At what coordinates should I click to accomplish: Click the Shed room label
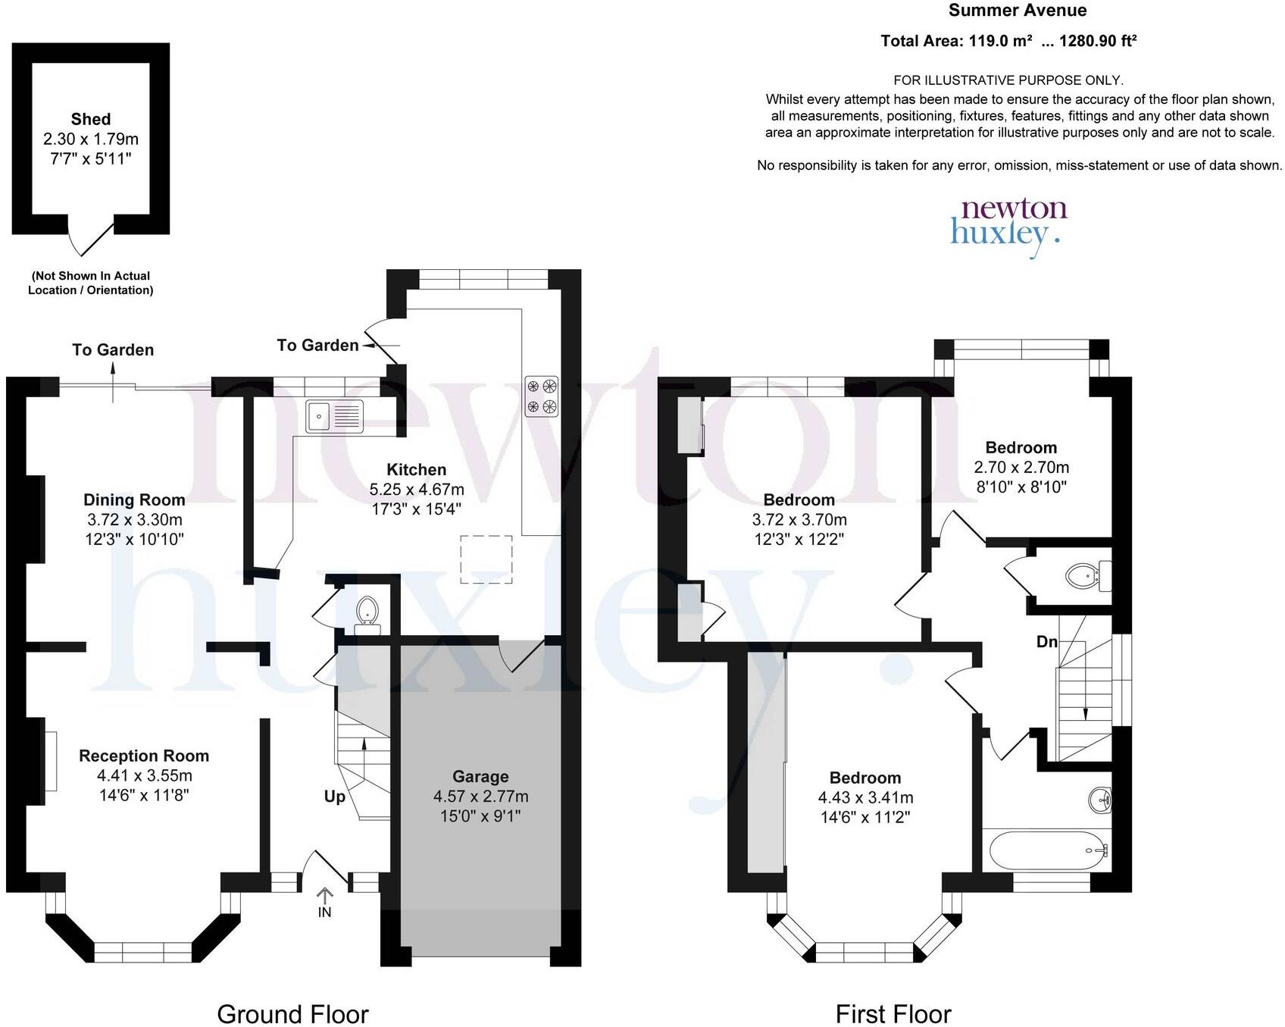[91, 119]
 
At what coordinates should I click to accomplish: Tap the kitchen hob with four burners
[542, 396]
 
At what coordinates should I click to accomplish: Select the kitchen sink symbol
[334, 416]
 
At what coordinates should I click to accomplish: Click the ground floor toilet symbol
[367, 611]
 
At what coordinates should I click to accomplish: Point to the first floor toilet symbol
[1083, 575]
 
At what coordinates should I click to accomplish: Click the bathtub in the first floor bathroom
[1046, 850]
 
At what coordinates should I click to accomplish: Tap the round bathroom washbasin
[1100, 799]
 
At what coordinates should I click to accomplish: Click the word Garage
[480, 776]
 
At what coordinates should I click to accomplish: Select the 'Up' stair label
[334, 796]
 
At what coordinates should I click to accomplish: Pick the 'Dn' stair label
[1046, 641]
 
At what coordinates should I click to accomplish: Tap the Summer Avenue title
[1017, 11]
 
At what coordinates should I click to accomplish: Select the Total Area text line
[1008, 41]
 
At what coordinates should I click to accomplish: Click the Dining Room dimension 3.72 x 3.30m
[134, 520]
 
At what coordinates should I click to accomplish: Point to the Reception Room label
[144, 756]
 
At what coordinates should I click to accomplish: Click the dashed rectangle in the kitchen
[486, 559]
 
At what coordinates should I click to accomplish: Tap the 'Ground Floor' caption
[292, 1013]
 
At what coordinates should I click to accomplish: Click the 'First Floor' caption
[893, 1013]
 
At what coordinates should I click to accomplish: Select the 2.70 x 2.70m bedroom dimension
[1021, 467]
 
